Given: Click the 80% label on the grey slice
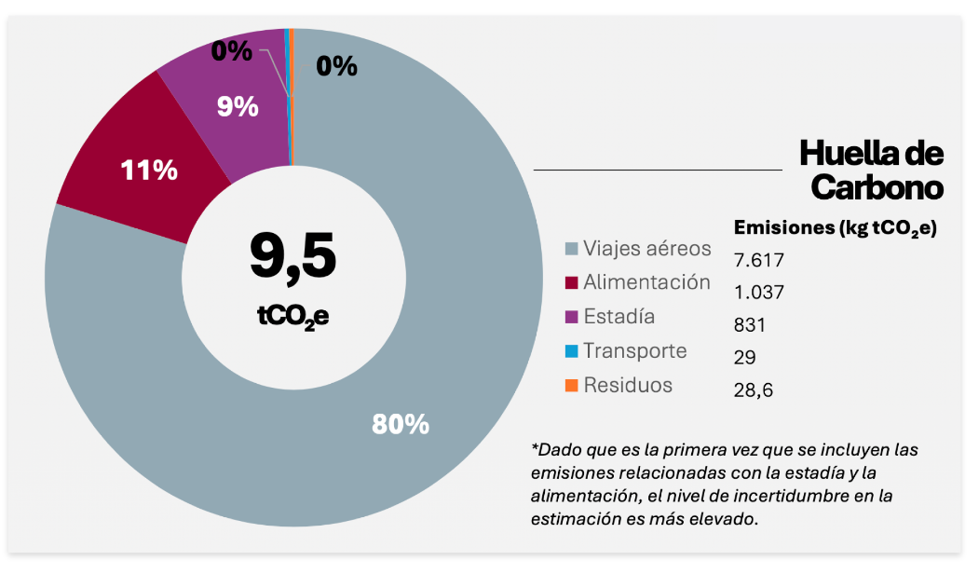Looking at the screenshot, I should click(401, 424).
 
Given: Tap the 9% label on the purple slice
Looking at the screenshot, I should click(238, 107).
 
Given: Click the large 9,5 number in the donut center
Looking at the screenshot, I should click(292, 255).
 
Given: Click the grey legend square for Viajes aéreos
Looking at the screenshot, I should click(571, 250).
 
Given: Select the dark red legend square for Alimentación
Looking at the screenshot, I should click(571, 283).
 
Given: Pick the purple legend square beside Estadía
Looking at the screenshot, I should click(571, 318).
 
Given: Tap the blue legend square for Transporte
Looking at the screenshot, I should click(571, 351).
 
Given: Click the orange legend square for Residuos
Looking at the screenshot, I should click(571, 386).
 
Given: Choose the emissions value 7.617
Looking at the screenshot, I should click(759, 259).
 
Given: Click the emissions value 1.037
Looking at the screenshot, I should click(759, 293).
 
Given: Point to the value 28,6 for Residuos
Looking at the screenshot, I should click(754, 389).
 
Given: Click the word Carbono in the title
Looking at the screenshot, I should click(877, 187).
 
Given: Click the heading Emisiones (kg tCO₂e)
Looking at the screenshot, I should click(836, 228).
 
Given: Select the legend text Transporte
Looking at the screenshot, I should click(635, 351).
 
